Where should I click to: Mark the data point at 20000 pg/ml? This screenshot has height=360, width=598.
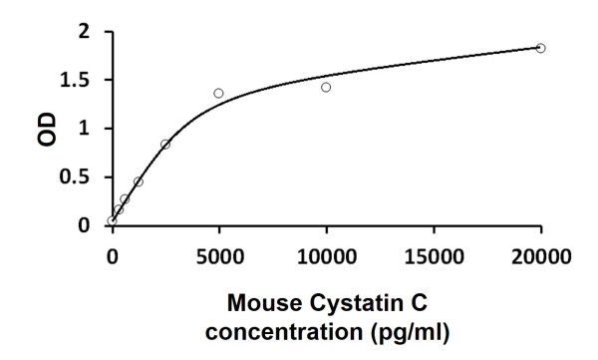click(x=540, y=48)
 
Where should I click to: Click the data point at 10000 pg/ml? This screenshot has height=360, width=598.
click(x=326, y=87)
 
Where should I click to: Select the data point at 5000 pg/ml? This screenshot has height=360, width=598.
click(x=218, y=93)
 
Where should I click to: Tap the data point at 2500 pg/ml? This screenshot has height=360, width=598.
click(x=165, y=144)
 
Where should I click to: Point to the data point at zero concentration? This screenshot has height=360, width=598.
click(x=112, y=220)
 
